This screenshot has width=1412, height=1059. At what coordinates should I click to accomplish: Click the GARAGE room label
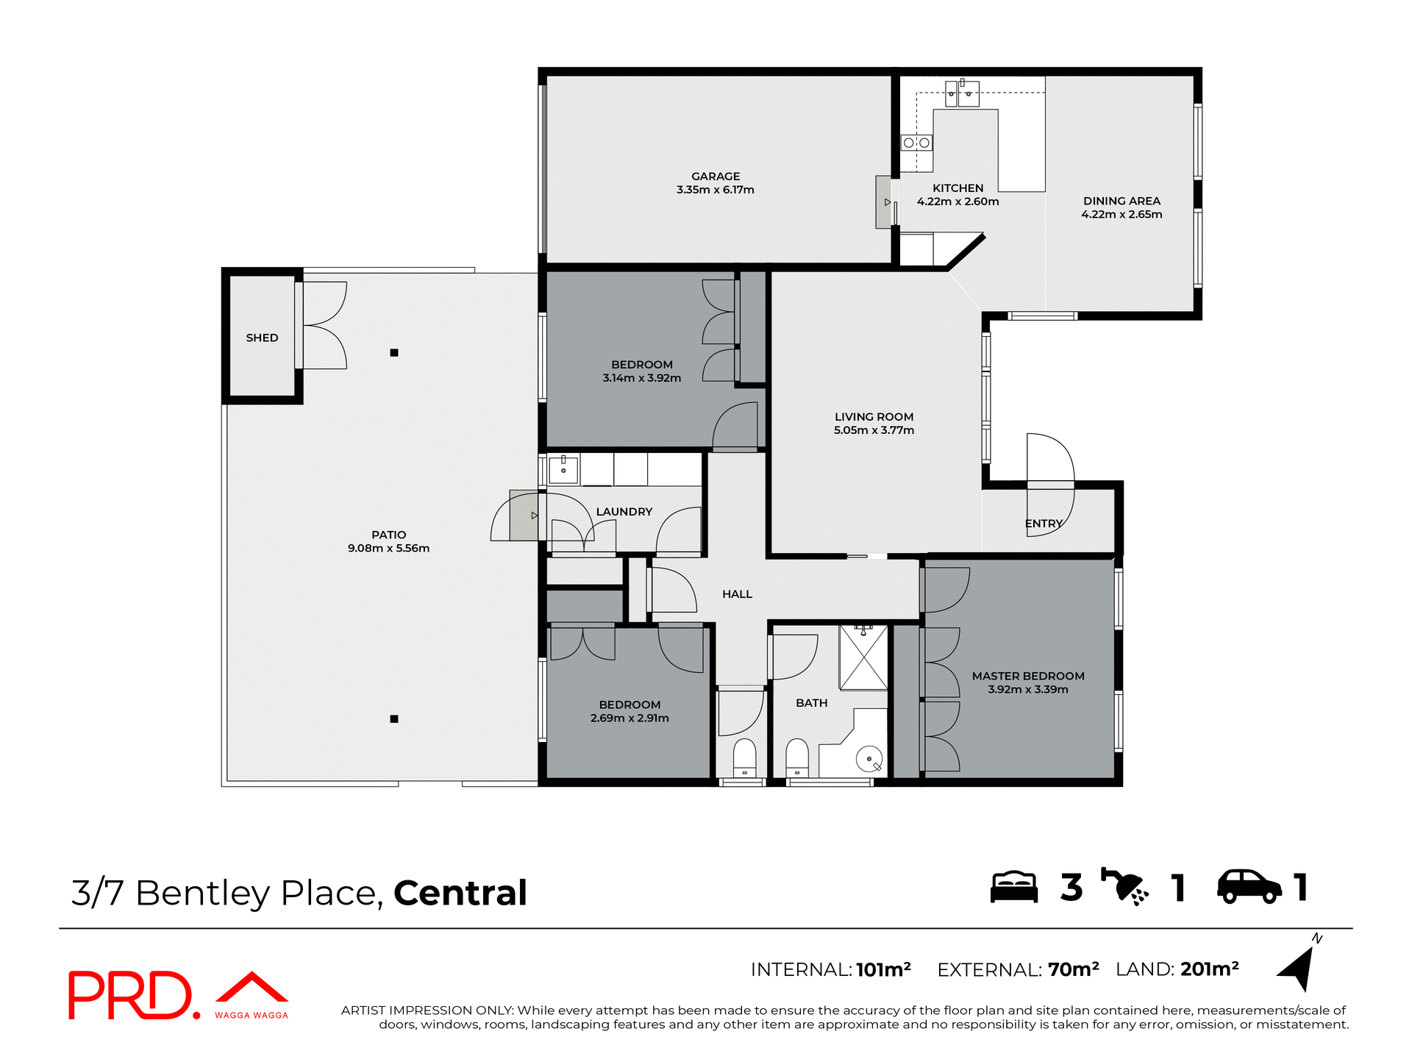click(x=716, y=176)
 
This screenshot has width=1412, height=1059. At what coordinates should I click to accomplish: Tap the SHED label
click(x=262, y=338)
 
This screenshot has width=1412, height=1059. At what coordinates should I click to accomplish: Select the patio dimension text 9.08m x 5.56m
click(x=388, y=549)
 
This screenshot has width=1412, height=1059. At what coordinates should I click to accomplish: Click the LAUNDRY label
click(x=624, y=512)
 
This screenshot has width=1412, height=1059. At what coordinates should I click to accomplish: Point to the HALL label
click(x=737, y=594)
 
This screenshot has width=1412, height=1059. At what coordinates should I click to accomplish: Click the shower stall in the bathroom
click(x=863, y=659)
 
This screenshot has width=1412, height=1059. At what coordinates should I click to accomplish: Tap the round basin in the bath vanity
click(x=869, y=760)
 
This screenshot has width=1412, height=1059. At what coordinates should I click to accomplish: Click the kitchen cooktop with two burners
click(x=916, y=143)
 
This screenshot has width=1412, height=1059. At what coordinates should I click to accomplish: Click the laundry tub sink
click(x=563, y=468)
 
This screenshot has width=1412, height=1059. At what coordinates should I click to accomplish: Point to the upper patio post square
click(x=394, y=353)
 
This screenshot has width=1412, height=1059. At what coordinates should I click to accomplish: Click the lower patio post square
click(x=394, y=719)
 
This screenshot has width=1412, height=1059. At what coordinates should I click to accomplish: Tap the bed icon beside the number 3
click(x=1013, y=887)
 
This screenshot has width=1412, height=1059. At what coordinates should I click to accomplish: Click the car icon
click(x=1249, y=887)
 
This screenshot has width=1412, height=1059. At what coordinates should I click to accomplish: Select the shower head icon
click(x=1124, y=887)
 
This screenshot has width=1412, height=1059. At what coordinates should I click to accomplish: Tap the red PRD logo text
click(x=131, y=996)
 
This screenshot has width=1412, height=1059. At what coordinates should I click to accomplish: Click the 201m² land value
click(x=1209, y=969)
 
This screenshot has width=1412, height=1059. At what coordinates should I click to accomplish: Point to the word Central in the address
click(x=460, y=893)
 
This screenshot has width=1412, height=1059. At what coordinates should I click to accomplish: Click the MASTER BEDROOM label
click(x=1027, y=676)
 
